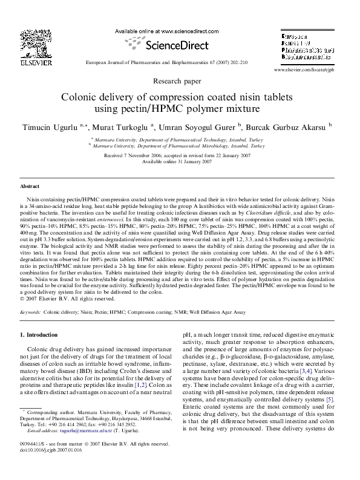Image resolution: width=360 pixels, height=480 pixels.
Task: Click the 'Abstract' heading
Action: pyautogui.click(x=30, y=187)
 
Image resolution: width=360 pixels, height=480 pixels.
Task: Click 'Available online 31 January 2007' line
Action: pyautogui.click(x=179, y=162)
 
